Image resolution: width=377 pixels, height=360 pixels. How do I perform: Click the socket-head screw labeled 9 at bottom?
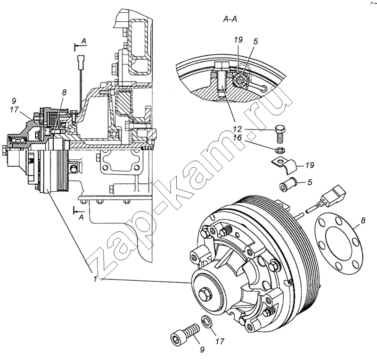point(183,333)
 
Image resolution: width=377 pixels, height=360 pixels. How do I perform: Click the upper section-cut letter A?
point(83,42)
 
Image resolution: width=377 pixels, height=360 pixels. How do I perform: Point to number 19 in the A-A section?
point(238,41)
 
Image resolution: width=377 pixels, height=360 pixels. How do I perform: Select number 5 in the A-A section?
point(255,41)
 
